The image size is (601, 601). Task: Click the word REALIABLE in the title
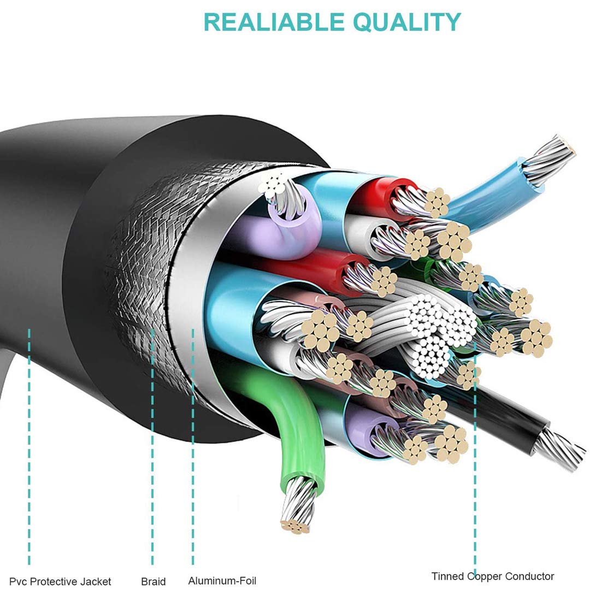[x=274, y=22]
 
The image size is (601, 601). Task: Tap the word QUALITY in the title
[x=406, y=22]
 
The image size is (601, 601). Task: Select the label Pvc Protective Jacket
[x=60, y=582]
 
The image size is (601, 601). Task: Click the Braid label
[x=154, y=581]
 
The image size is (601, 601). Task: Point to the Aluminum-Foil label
[x=222, y=581]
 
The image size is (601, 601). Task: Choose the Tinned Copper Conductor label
[x=493, y=576]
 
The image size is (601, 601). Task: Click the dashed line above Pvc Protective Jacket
[x=29, y=446]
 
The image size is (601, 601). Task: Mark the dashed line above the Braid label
[x=152, y=446]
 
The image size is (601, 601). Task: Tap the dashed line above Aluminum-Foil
[x=193, y=446]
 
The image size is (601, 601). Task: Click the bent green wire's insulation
[x=291, y=426]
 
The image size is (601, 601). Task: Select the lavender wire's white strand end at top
[x=273, y=184]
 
